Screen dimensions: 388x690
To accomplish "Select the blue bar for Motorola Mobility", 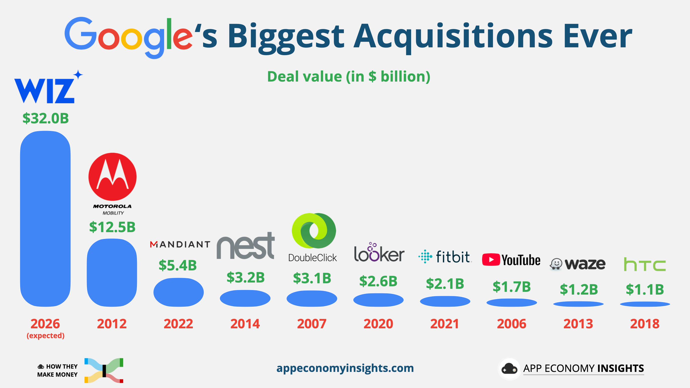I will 112,272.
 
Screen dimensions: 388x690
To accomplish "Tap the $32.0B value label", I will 46,118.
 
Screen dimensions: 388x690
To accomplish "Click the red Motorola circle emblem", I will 113,177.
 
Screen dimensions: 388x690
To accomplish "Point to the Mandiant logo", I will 180,244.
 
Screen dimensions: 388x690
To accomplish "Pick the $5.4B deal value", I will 177,265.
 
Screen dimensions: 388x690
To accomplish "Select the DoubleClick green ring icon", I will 314,231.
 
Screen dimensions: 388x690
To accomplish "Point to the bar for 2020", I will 378,300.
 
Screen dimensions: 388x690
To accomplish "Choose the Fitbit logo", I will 445,257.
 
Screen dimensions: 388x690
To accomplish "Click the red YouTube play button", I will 491,260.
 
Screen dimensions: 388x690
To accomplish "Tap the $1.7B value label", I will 512,287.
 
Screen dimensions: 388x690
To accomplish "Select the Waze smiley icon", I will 556,264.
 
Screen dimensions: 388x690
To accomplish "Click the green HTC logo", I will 645,264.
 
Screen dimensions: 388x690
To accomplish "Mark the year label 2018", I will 645,324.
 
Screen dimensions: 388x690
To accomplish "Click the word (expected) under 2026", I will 46,335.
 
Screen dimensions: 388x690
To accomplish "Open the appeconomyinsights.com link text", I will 345,368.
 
